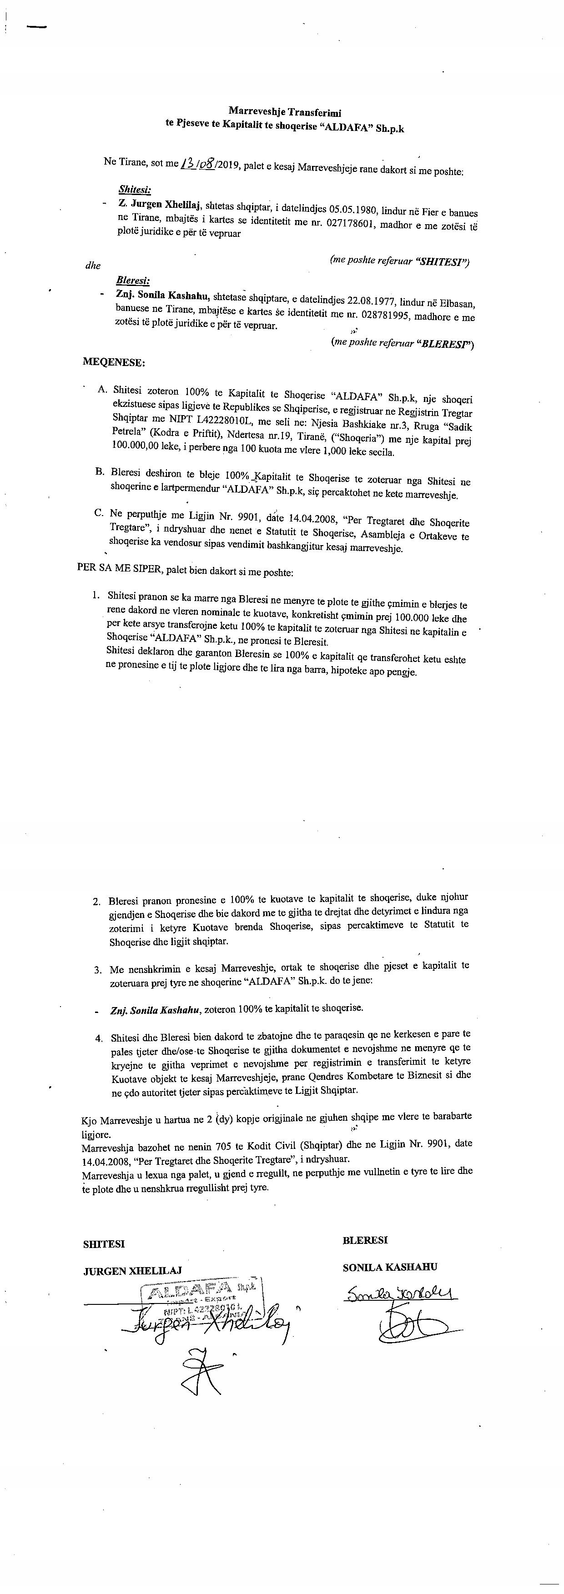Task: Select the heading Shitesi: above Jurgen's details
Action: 134,189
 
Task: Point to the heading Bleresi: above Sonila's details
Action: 132,281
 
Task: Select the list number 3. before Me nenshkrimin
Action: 98,970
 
